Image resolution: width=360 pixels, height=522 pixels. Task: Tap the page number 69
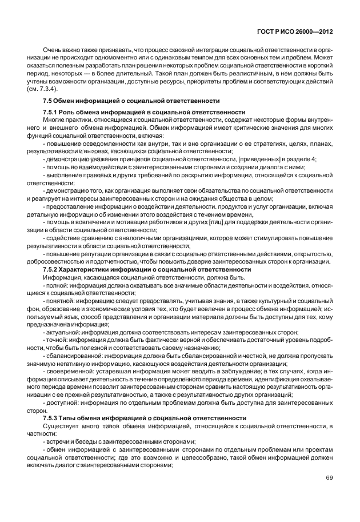pyautogui.click(x=329, y=478)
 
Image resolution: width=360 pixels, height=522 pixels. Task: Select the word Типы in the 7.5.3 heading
pyautogui.click(x=71, y=418)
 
